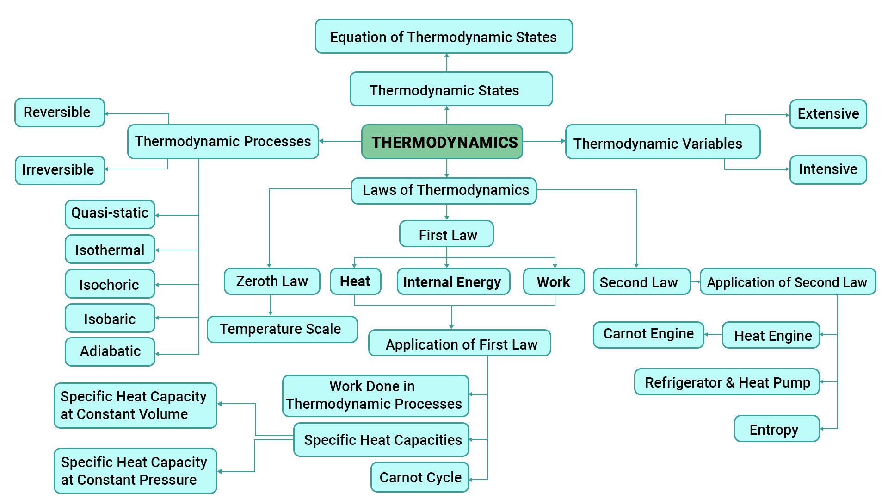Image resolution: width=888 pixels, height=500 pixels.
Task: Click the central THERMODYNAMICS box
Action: (442, 142)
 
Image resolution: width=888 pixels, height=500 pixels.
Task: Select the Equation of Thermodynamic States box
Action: (444, 37)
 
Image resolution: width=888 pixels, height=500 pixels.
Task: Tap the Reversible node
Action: (60, 112)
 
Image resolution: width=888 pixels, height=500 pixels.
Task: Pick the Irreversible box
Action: (60, 170)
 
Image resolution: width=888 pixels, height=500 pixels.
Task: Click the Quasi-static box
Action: (110, 214)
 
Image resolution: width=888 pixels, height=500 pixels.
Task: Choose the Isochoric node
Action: (110, 284)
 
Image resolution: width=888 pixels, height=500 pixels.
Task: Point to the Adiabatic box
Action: (110, 351)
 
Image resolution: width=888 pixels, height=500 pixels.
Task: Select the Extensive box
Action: (828, 114)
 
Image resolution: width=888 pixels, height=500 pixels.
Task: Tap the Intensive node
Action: (828, 169)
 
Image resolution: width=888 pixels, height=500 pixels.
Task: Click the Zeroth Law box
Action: (272, 281)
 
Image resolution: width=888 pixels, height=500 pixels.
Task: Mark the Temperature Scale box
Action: (282, 329)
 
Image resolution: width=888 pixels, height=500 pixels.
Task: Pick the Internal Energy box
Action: (453, 281)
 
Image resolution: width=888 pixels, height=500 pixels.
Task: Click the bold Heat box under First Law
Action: (355, 281)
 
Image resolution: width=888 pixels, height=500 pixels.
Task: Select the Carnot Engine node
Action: (648, 334)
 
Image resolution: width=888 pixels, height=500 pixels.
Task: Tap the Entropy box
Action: (777, 429)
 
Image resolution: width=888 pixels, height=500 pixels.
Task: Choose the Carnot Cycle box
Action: (420, 477)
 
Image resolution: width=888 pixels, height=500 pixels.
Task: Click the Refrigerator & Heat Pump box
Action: (727, 382)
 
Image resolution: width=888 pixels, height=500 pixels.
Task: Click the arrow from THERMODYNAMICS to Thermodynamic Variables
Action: (544, 141)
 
